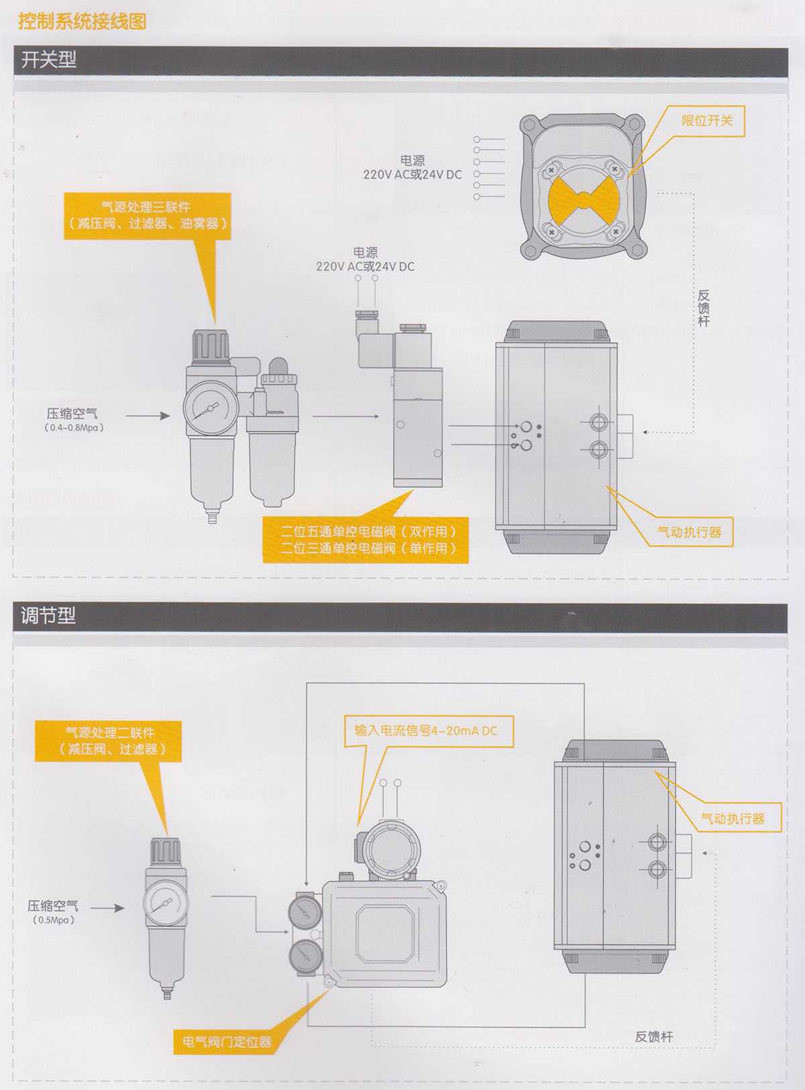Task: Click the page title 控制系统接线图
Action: (x=82, y=21)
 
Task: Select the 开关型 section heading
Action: (x=48, y=60)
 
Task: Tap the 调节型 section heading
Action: (x=48, y=615)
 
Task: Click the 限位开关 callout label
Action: (x=707, y=121)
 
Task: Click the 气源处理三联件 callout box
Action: (x=148, y=215)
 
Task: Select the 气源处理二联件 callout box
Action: (x=109, y=741)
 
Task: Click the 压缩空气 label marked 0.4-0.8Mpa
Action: (x=72, y=418)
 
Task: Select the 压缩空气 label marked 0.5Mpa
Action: (x=53, y=911)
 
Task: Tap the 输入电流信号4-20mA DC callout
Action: (x=427, y=731)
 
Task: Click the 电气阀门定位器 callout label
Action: (x=227, y=1042)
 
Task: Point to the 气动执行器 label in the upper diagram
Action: (x=690, y=532)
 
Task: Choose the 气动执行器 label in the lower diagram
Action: (x=733, y=818)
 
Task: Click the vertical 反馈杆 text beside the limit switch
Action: (x=703, y=308)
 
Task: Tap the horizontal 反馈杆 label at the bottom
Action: (x=653, y=1036)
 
